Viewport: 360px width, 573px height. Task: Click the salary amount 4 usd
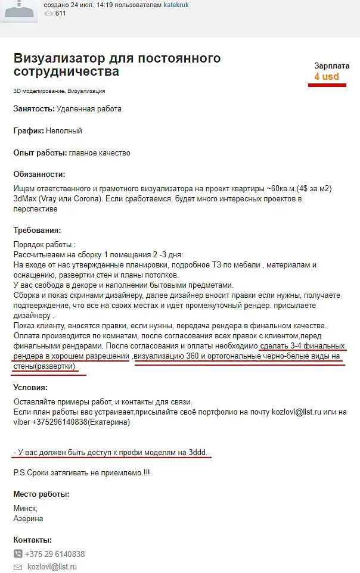327,76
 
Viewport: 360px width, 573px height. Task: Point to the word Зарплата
331,66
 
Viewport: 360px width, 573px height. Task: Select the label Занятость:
33,109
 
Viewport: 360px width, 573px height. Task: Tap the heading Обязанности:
39,175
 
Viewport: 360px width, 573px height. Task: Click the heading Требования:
37,231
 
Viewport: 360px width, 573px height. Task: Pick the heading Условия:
30,387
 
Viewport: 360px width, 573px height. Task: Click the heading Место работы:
41,494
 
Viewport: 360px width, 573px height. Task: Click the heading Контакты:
32,540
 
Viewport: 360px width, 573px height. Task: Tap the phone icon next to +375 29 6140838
18,554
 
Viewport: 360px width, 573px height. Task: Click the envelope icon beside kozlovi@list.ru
18,567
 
